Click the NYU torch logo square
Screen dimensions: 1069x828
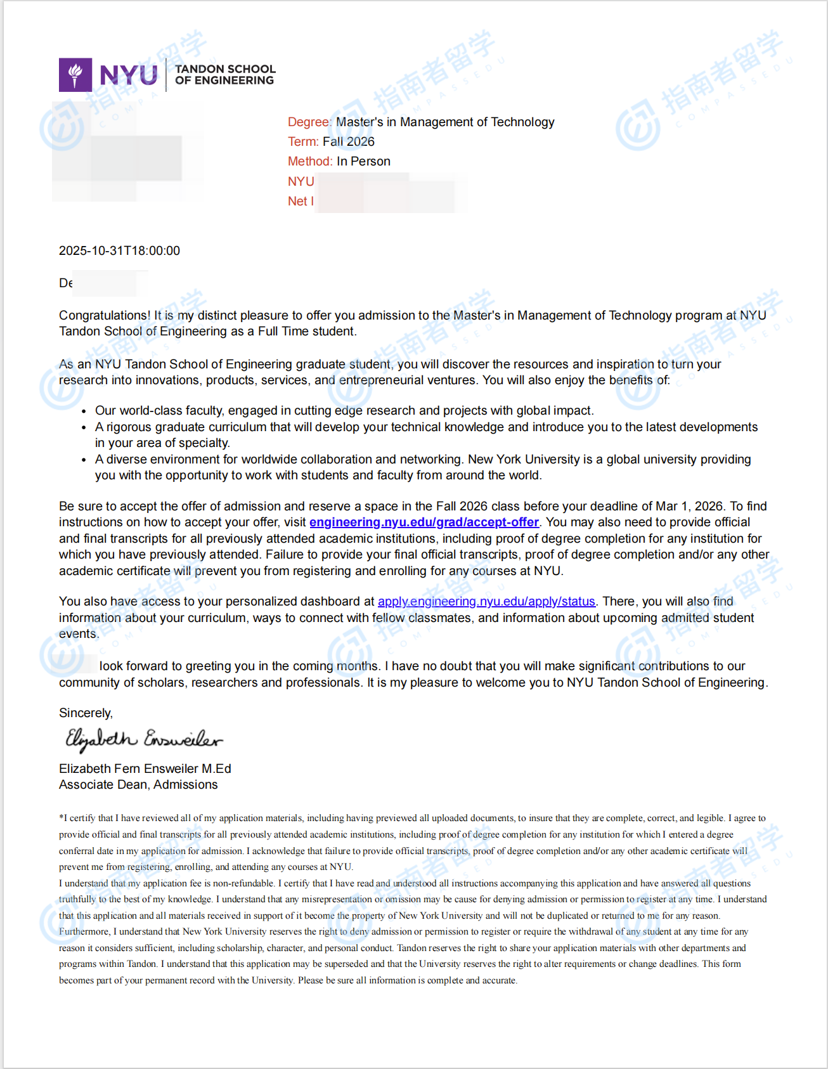[75, 75]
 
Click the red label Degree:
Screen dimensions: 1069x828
[309, 122]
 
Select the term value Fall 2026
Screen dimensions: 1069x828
[349, 141]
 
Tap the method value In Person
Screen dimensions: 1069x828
[363, 161]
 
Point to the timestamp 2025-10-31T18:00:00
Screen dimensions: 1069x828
[119, 250]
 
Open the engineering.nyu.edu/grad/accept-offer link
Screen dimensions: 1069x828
[424, 522]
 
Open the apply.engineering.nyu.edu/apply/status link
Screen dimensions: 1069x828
[486, 601]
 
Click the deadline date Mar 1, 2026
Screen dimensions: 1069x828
[689, 506]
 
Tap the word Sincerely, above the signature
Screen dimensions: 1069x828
[86, 713]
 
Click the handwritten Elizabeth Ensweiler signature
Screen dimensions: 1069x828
[144, 739]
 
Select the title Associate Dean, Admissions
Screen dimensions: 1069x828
[138, 784]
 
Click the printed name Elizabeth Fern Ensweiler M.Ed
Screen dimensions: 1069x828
[145, 768]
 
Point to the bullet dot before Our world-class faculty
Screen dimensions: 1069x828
[84, 411]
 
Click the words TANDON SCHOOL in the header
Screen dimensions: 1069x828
[225, 68]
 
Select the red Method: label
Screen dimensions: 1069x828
[310, 161]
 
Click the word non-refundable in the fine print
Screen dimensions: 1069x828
[244, 883]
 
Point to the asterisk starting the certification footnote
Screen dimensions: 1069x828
[61, 817]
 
